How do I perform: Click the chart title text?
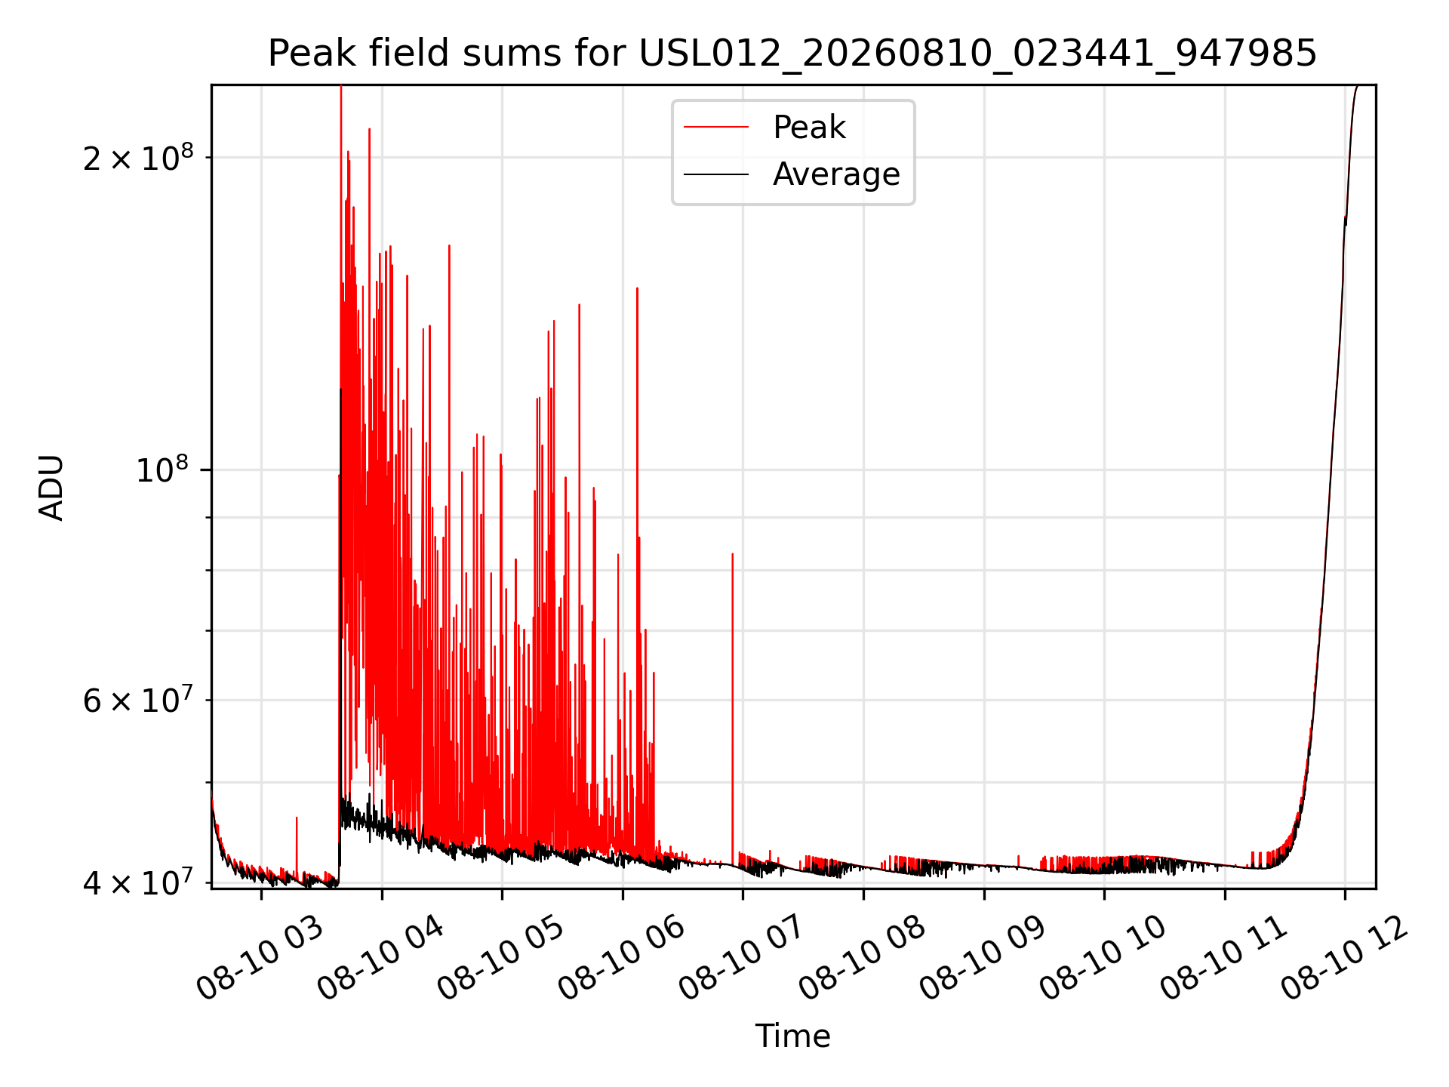point(792,54)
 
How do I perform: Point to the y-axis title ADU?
point(51,487)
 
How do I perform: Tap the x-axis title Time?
point(792,1036)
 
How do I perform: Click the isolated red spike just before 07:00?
point(732,710)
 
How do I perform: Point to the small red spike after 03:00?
point(297,845)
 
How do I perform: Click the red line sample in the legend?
point(716,128)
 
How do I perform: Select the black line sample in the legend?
point(716,174)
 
